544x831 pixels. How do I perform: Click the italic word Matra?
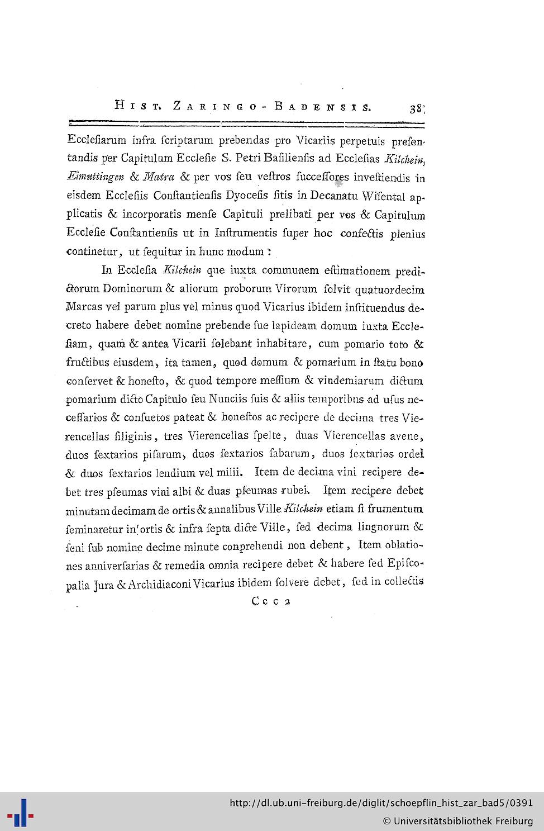tap(159, 177)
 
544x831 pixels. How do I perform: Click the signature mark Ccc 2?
tap(271, 601)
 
